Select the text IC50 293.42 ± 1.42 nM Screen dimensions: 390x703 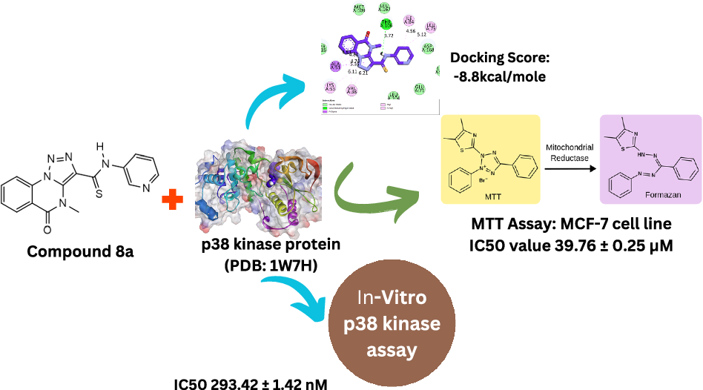252,383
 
